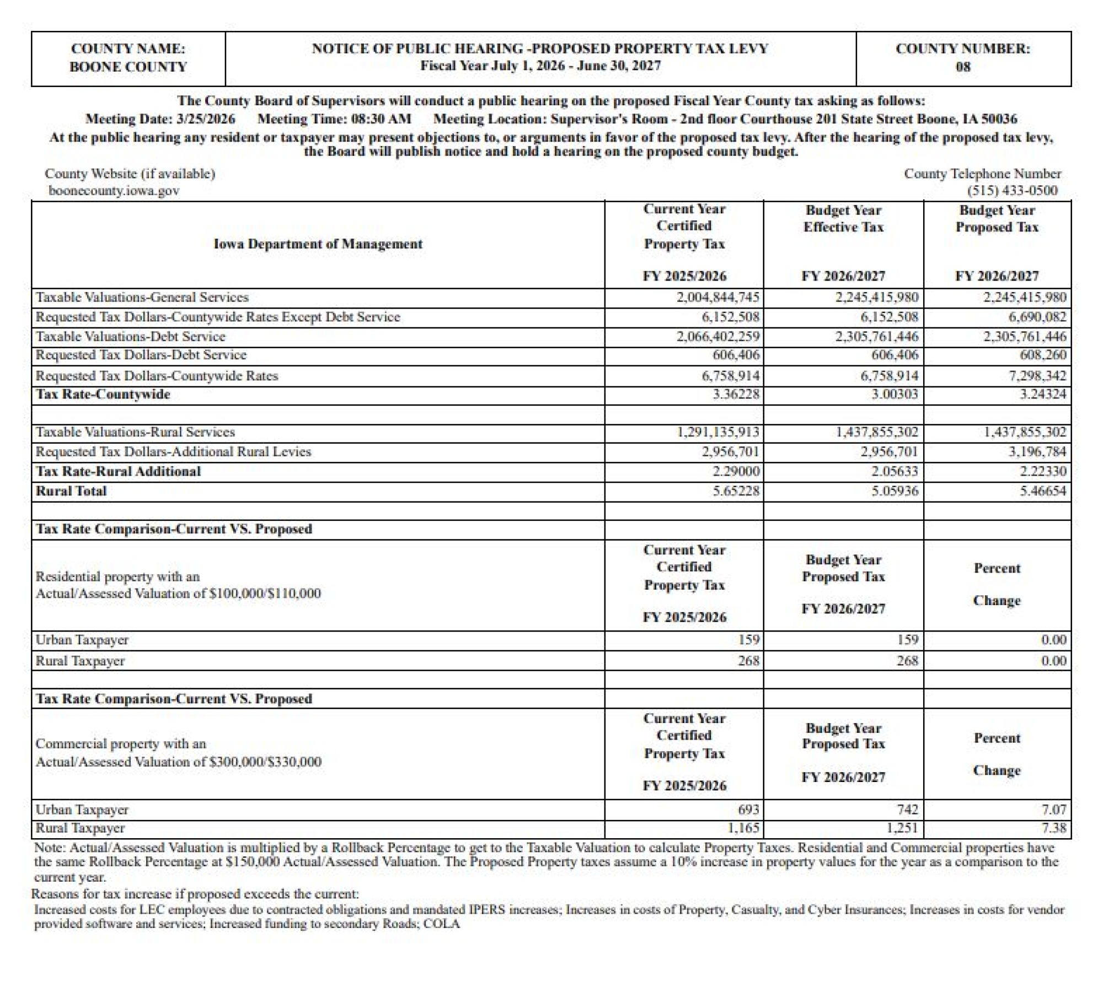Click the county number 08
(962, 67)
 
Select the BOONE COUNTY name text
(128, 67)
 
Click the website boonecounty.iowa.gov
(114, 191)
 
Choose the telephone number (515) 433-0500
(1012, 191)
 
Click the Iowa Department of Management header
(318, 244)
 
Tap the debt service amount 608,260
(1043, 355)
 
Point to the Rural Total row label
(71, 491)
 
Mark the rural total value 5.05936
(895, 491)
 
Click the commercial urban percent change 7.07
(1054, 810)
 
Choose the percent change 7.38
(1054, 828)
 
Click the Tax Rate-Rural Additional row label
(118, 471)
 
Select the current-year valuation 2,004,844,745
(718, 298)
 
